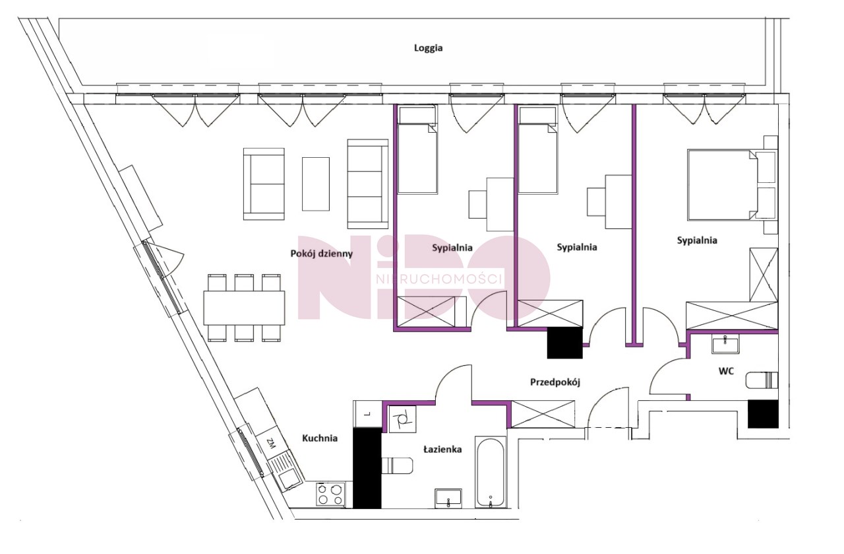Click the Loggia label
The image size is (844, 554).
(428, 48)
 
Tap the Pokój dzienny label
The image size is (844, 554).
(321, 254)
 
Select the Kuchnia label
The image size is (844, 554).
(320, 438)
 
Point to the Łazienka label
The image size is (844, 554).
(442, 449)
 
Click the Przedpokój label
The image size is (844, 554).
(555, 382)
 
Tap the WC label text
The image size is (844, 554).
(726, 371)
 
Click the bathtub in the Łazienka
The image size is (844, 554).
(490, 472)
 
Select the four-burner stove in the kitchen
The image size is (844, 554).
(330, 495)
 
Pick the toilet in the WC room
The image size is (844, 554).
(762, 380)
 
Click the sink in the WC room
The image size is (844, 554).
(725, 344)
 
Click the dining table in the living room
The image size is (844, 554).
(244, 308)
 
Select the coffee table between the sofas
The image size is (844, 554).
(316, 184)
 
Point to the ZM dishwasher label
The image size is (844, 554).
(270, 442)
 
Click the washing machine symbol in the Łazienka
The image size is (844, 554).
(402, 419)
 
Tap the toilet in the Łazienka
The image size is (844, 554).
(397, 466)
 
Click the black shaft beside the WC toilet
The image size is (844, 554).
(763, 413)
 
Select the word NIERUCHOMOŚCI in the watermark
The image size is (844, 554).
(439, 279)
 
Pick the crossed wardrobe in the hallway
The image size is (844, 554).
(543, 414)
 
